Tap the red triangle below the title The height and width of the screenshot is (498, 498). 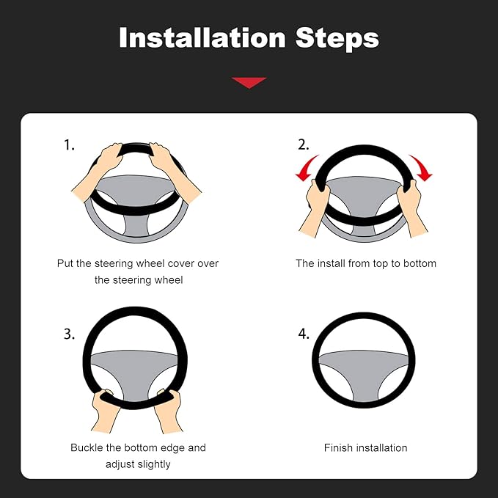pos(249,82)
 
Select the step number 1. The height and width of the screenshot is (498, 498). pos(69,145)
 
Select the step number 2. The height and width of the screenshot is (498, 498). pos(303,145)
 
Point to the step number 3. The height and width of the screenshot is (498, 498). pos(69,334)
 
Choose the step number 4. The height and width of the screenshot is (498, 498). pos(303,334)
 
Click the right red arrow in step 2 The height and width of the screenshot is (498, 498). pos(420,167)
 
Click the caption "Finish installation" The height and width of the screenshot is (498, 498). pos(365,447)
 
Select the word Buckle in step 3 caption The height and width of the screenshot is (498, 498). pos(88,447)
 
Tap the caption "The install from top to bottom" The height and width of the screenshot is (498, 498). pos(365,263)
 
